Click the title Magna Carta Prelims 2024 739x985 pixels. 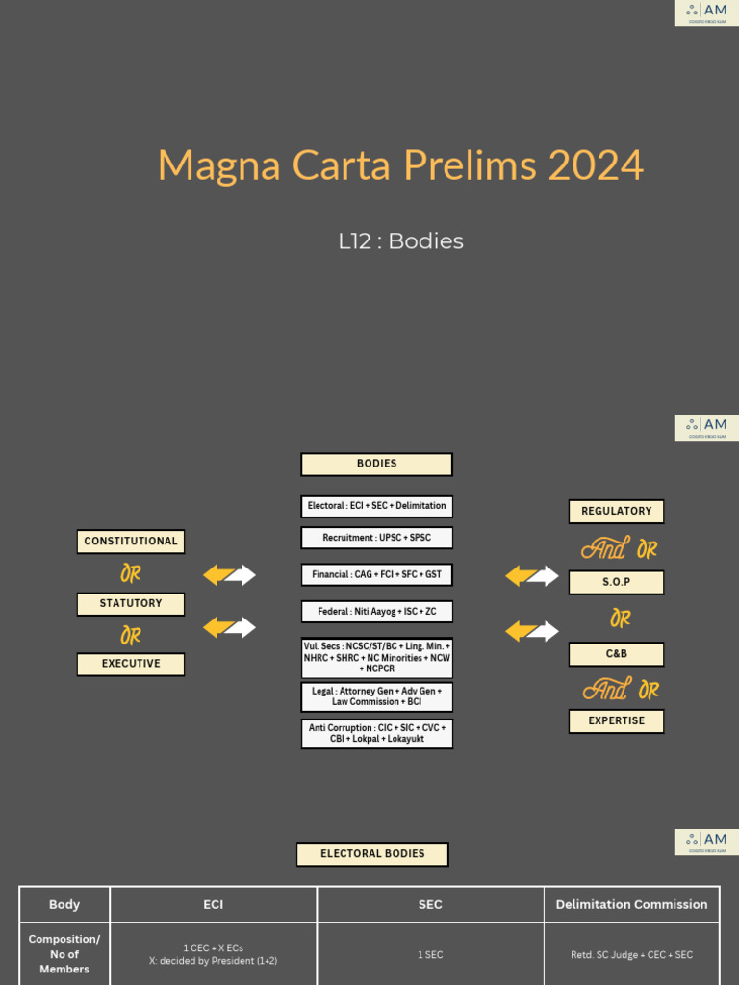click(x=400, y=165)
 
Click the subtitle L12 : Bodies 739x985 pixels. click(x=400, y=241)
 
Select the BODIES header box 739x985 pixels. click(x=376, y=465)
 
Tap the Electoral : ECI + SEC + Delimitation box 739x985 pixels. click(x=376, y=506)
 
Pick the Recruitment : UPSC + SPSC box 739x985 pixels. click(x=376, y=538)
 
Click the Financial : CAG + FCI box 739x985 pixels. click(x=376, y=574)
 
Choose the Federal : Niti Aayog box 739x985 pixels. click(x=376, y=612)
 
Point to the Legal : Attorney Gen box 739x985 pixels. click(x=376, y=696)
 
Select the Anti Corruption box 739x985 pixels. click(x=376, y=734)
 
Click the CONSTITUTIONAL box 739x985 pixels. click(x=131, y=542)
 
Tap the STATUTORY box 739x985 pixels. click(x=131, y=603)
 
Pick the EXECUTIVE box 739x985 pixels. click(x=131, y=664)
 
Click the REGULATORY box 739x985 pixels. click(x=616, y=512)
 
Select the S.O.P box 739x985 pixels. click(x=616, y=583)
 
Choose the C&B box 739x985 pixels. click(x=616, y=654)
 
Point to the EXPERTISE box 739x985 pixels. click(x=616, y=720)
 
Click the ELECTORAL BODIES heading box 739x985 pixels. click(x=372, y=854)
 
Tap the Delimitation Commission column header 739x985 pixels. click(x=632, y=905)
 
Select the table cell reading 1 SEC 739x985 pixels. click(x=430, y=955)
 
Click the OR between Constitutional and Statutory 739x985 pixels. click(x=131, y=574)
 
